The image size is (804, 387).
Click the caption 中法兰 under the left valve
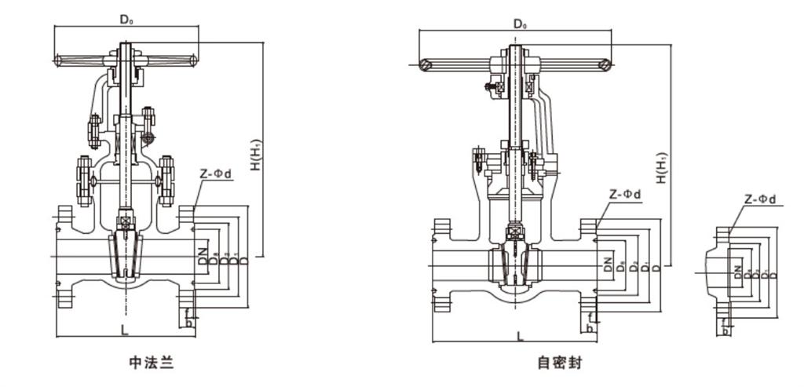pos(151,363)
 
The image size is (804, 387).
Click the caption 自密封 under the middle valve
pos(561,363)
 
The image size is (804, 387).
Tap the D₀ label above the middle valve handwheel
pos(520,24)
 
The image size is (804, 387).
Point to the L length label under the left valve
pos(125,330)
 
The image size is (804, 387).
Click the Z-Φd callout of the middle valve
pos(625,194)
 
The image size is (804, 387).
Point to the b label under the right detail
pos(725,330)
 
